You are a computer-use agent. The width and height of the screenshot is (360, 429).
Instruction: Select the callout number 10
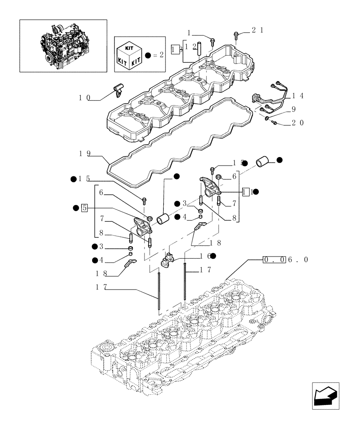click(x=84, y=98)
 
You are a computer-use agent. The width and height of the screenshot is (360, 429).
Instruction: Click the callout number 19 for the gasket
click(x=85, y=153)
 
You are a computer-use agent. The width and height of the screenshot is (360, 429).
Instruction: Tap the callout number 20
click(x=297, y=123)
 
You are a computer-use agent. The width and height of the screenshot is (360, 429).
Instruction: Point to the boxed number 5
click(x=85, y=208)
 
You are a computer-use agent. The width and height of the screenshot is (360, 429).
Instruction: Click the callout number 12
click(x=194, y=46)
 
